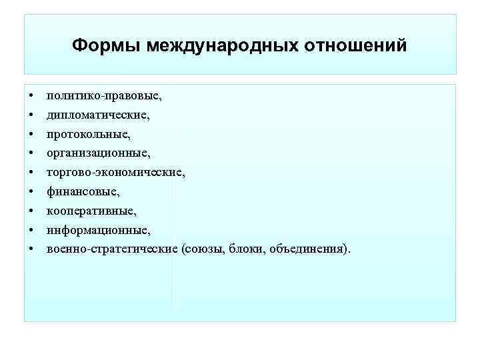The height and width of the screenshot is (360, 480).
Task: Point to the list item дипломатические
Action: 98,115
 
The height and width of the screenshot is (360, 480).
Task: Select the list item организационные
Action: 98,153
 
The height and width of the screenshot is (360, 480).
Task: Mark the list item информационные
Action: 99,230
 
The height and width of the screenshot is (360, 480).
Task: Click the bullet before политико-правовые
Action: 31,96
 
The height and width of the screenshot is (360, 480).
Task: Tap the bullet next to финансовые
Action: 31,192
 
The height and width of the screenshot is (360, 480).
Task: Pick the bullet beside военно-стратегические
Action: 31,250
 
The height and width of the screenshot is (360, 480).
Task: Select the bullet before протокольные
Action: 31,135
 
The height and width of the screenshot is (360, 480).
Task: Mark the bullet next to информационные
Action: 31,231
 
